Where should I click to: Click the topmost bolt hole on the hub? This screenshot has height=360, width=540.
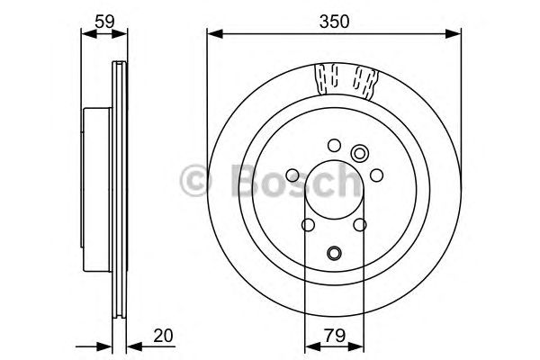point(334,144)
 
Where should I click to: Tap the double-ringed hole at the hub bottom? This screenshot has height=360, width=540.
point(334,254)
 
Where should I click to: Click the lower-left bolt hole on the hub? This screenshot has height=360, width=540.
point(307,225)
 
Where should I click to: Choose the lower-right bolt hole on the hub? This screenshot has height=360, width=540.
point(360,225)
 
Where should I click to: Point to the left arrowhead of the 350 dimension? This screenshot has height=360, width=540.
point(212,33)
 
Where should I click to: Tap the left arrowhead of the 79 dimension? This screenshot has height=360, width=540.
point(309,348)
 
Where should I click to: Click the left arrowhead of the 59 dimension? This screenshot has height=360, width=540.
point(86,33)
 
